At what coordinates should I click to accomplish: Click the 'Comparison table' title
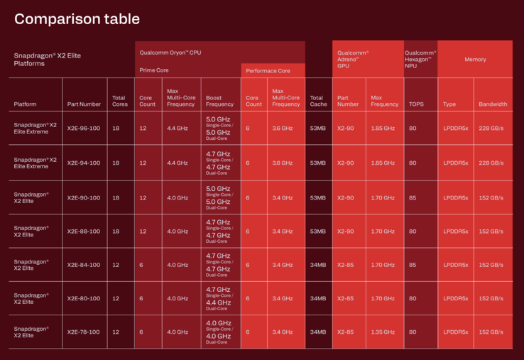(77, 19)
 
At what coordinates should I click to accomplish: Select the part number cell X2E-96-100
(84, 129)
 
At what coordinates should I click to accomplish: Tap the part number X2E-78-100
(84, 332)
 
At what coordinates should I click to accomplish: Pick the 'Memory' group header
(475, 60)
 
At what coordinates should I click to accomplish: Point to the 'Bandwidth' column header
(493, 104)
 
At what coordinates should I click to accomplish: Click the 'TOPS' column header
(416, 104)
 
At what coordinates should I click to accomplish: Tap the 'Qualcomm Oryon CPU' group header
(170, 53)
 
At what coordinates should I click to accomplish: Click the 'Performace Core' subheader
(268, 72)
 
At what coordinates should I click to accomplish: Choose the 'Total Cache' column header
(318, 100)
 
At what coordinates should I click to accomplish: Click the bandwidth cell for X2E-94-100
(491, 163)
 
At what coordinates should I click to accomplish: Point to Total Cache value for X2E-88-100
(317, 231)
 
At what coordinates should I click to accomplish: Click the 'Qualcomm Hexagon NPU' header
(420, 60)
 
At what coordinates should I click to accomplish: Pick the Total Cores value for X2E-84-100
(115, 265)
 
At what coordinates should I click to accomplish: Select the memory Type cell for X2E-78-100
(455, 332)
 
